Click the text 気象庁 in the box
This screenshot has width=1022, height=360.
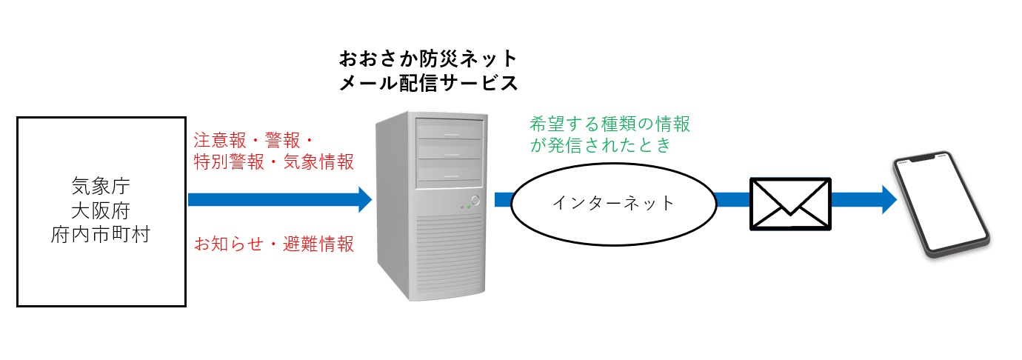click(x=101, y=183)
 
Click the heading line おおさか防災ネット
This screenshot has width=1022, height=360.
click(x=428, y=59)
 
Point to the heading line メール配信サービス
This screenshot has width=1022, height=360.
click(x=428, y=83)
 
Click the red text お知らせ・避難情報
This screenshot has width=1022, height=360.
click(x=273, y=244)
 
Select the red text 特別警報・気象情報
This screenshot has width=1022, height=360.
click(x=273, y=162)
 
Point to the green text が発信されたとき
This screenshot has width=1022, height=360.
click(x=601, y=144)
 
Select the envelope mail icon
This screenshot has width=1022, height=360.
click(x=790, y=202)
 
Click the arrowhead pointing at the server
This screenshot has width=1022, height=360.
click(x=364, y=199)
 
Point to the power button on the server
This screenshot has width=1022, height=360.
click(x=474, y=200)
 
